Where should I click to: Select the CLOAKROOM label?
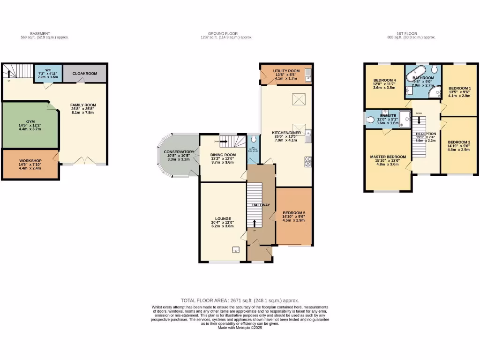coord(84,74)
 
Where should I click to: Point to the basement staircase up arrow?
coord(9,73)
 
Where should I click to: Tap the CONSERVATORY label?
coord(179,152)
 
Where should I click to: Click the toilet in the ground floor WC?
coord(253,139)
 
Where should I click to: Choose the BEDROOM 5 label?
coord(293,213)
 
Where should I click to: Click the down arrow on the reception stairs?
coord(420,120)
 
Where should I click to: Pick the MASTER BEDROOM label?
coord(388,157)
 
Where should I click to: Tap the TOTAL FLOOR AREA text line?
coord(240,300)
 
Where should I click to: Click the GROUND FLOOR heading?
coord(223,34)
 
